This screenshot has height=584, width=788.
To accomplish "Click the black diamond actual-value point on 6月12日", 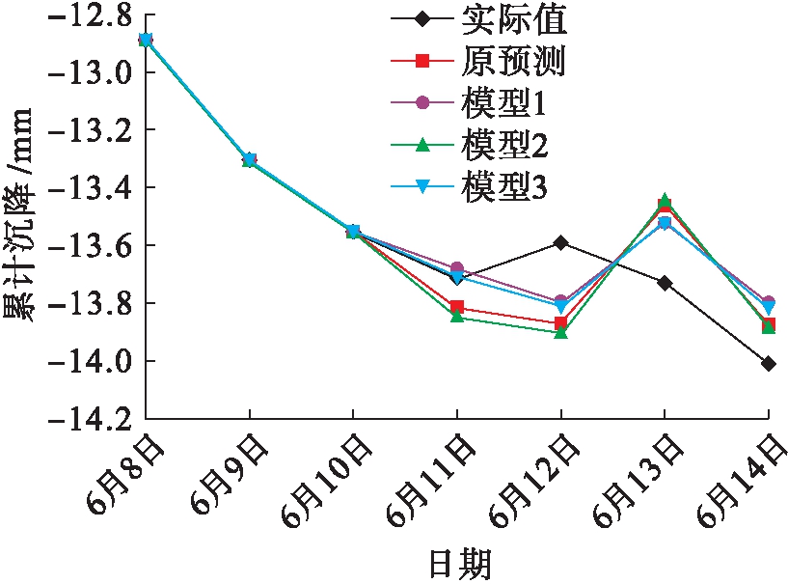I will pos(560,242).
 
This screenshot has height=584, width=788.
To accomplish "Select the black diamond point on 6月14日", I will pos(768,364).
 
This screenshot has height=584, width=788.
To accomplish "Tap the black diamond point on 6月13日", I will pos(665,283).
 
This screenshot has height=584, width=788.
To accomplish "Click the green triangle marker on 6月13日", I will pos(665,199).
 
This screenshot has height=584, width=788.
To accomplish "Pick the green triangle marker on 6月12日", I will pos(560,332).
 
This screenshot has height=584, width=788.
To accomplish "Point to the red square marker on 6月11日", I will pos(457,307).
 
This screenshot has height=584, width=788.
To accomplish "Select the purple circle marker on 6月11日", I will pos(457,267).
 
